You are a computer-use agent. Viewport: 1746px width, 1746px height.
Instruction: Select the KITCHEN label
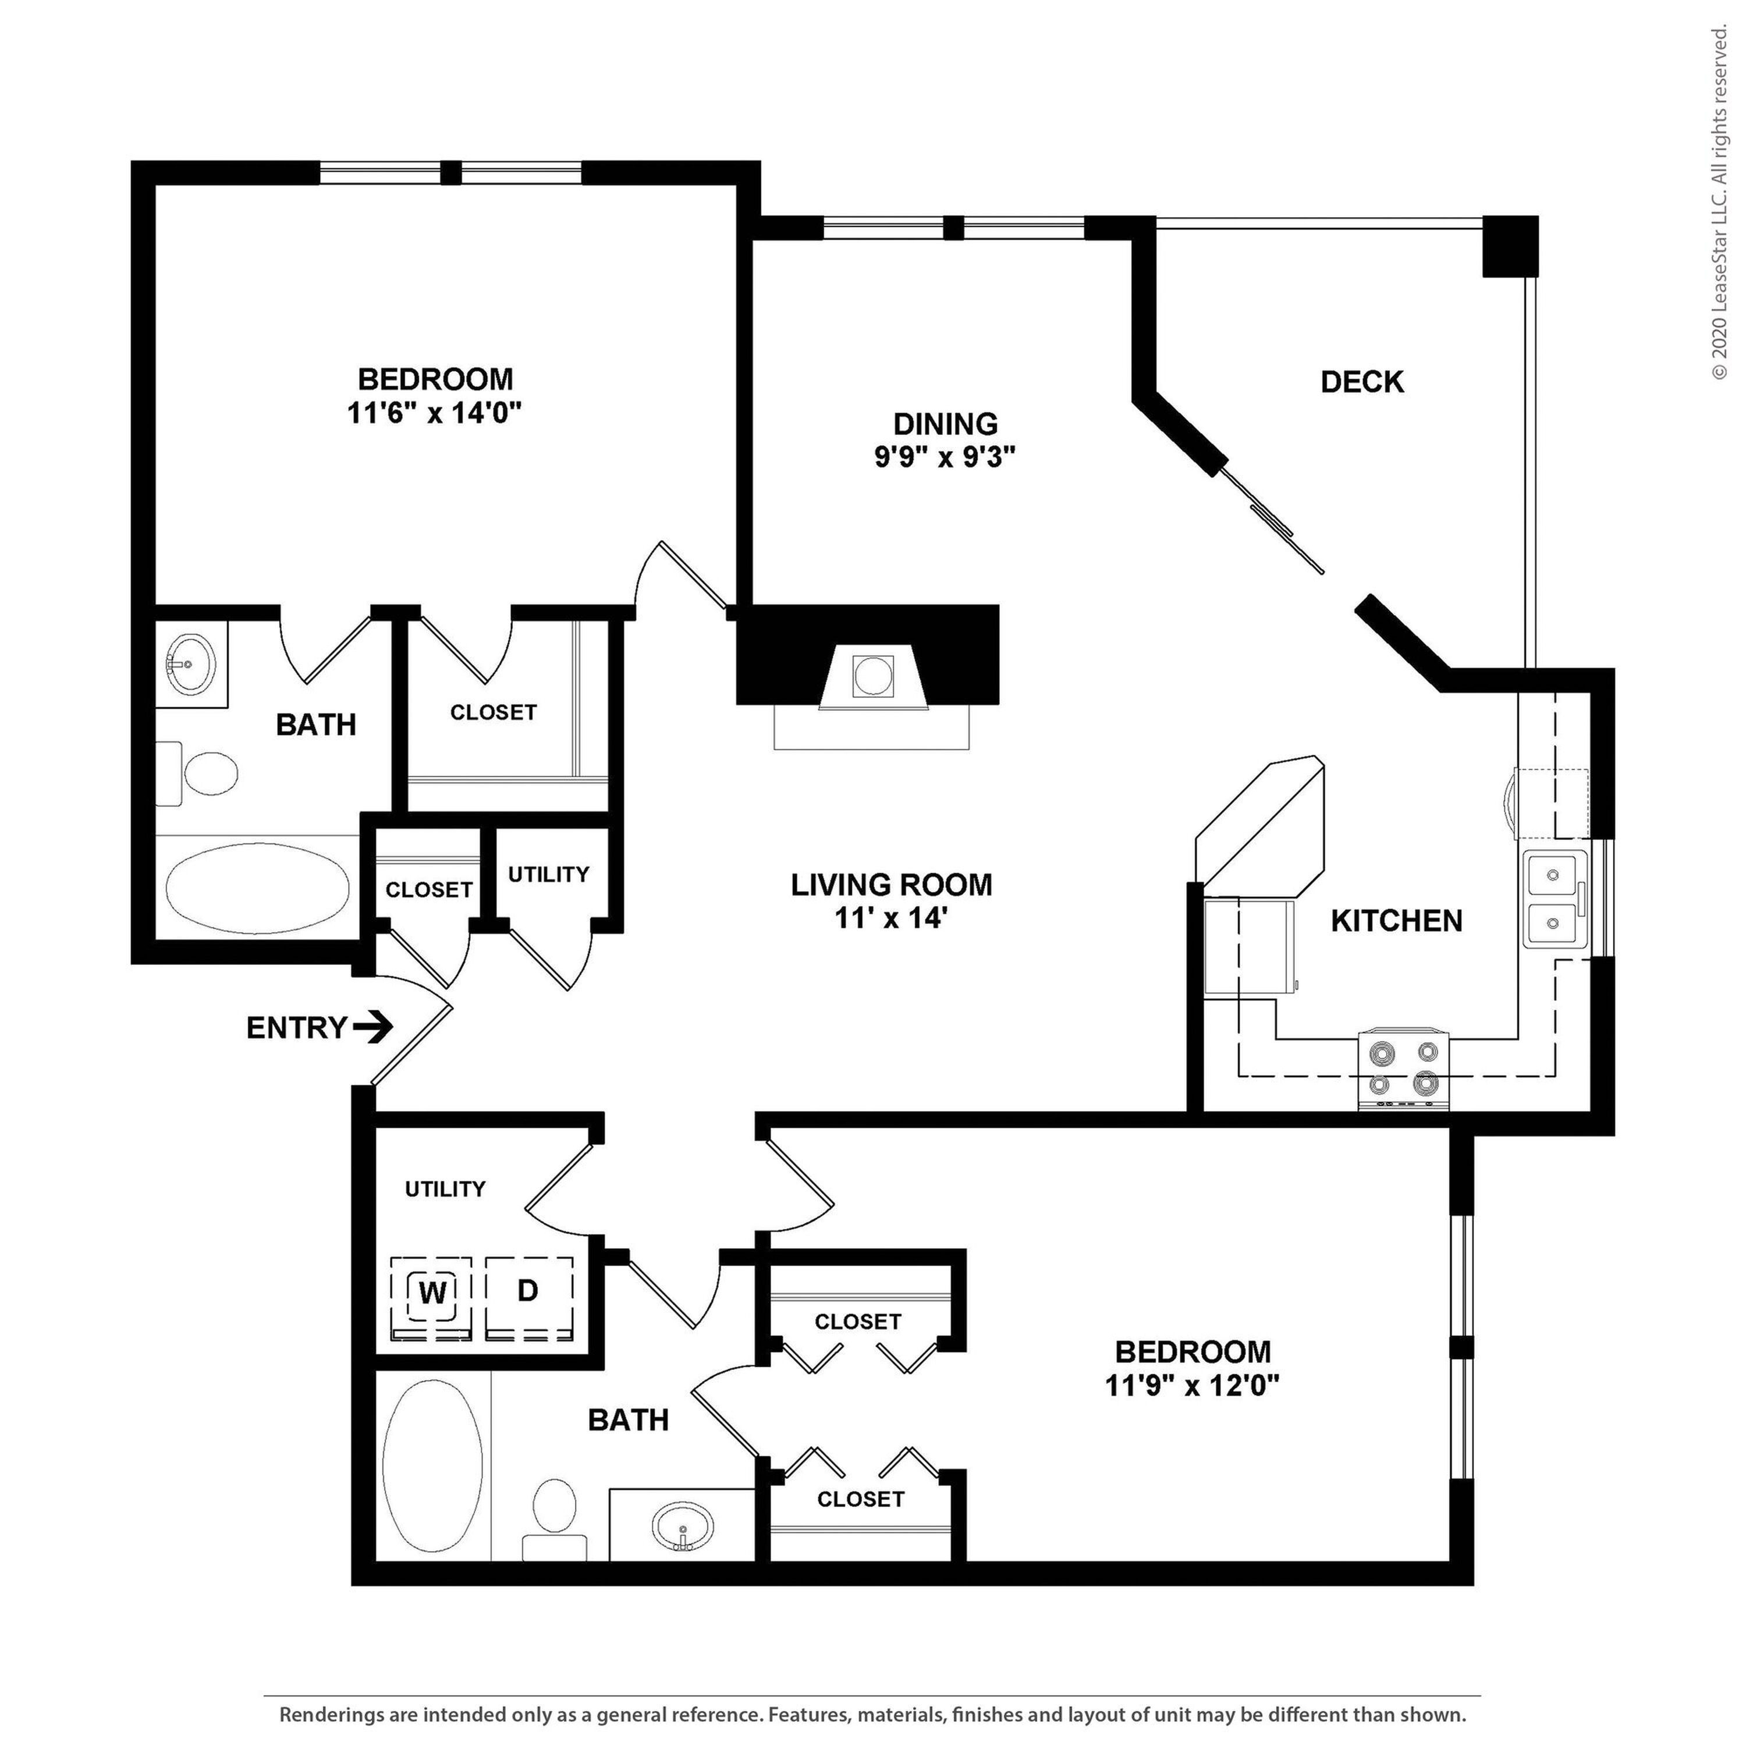point(1396,920)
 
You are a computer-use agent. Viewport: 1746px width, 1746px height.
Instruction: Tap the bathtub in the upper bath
point(258,890)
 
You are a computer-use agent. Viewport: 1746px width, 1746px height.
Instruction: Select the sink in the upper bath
point(191,664)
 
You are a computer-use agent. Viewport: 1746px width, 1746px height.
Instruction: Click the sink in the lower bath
point(682,1527)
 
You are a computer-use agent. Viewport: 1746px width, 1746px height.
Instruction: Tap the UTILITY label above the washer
point(445,1188)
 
